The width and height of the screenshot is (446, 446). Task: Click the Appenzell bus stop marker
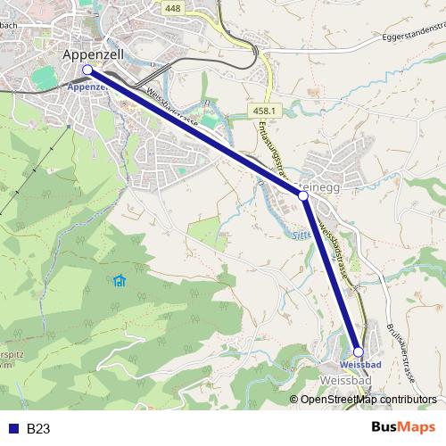pyautogui.click(x=87, y=70)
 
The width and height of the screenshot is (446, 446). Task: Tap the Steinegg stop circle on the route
pyautogui.click(x=302, y=194)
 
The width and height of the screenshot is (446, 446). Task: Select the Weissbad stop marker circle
pyautogui.click(x=359, y=352)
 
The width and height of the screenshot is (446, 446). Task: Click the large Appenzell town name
pyautogui.click(x=98, y=54)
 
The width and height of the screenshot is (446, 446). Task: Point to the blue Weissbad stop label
pyautogui.click(x=360, y=366)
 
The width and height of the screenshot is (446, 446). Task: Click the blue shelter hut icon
pyautogui.click(x=120, y=282)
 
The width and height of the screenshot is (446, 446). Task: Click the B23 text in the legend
pyautogui.click(x=37, y=429)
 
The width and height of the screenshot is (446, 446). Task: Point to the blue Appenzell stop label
pyautogui.click(x=87, y=87)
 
